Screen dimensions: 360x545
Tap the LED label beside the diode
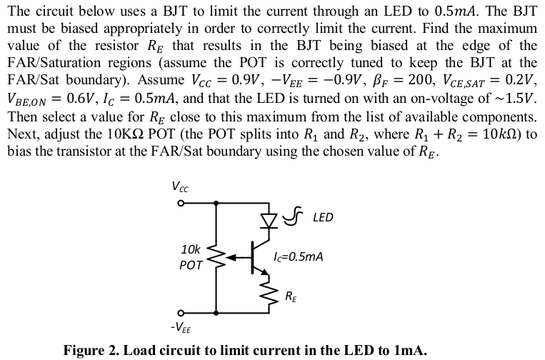(x=323, y=216)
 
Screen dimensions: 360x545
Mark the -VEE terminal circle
(x=181, y=312)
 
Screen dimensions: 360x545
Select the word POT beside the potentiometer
(x=191, y=264)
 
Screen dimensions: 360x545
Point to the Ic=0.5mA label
(x=298, y=255)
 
